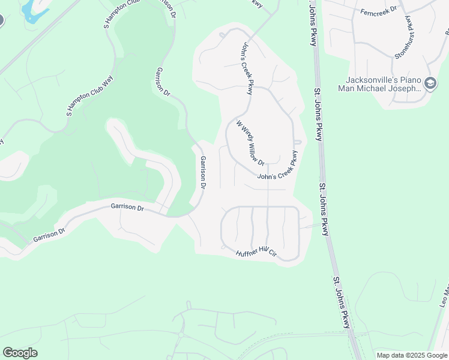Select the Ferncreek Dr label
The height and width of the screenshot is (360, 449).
(x=379, y=11)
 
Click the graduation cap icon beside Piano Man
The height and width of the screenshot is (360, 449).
(x=430, y=84)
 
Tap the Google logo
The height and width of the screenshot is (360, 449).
(x=20, y=353)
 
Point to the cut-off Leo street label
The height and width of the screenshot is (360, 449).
(x=444, y=296)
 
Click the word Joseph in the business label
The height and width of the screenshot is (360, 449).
(x=410, y=89)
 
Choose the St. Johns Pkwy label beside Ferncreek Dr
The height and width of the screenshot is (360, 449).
(x=312, y=24)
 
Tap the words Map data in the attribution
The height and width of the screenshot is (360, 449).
(x=390, y=355)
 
